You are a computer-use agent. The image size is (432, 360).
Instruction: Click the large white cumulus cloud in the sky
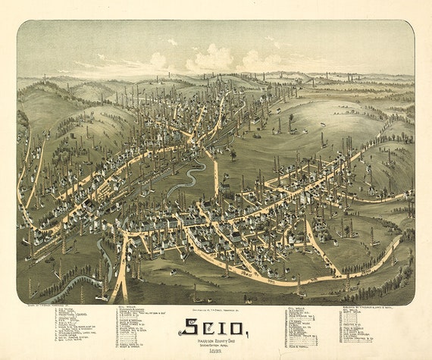(x=211, y=59)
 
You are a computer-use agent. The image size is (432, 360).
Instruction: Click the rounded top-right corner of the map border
(x=410, y=24)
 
